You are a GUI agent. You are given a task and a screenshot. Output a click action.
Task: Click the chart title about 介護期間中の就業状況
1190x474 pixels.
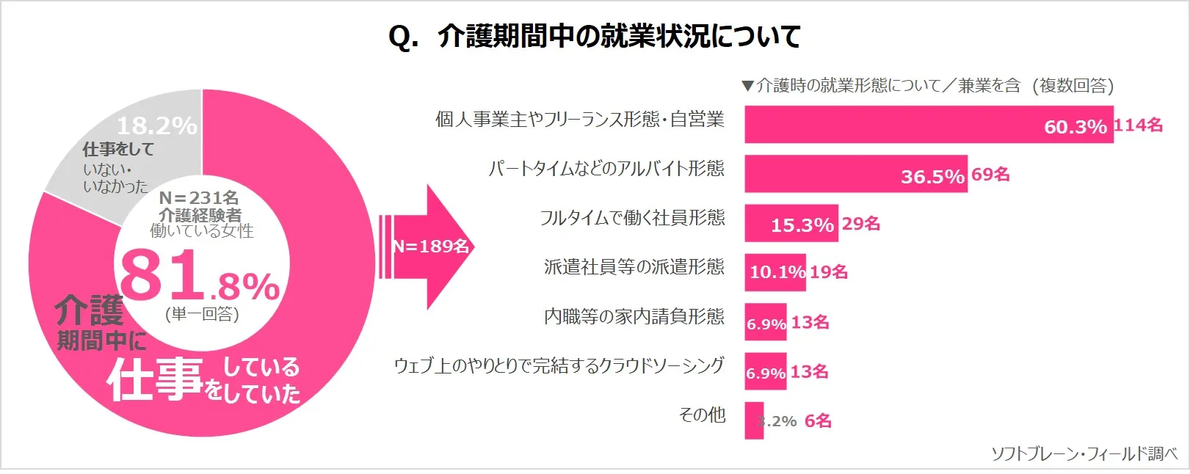pos(594,36)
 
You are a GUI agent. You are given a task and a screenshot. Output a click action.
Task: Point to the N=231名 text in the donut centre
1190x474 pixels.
pos(199,198)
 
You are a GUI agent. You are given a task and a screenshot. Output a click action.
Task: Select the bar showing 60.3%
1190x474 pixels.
pos(928,124)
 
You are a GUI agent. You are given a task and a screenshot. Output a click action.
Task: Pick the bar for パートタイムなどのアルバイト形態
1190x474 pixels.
pos(855,174)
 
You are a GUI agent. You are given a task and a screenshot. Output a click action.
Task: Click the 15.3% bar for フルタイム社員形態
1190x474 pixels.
pos(791,223)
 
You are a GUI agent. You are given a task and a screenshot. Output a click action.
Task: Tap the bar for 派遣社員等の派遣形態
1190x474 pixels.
pos(774,272)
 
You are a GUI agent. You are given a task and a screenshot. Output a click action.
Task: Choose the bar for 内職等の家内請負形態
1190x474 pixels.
pos(765,321)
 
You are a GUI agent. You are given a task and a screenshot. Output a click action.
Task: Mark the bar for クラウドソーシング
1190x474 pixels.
pos(765,371)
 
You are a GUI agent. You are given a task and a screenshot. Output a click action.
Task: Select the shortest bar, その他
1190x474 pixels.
pos(754,420)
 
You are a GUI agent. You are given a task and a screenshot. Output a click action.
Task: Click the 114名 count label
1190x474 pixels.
pos(1138,125)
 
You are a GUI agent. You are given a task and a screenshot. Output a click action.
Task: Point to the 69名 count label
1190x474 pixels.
pos(990,175)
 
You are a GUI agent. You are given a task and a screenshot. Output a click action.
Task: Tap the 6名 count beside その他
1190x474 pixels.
pos(818,421)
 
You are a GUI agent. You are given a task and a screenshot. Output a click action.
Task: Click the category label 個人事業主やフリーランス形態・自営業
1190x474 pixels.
pos(579,120)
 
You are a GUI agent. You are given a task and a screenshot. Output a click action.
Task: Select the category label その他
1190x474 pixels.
pos(702,415)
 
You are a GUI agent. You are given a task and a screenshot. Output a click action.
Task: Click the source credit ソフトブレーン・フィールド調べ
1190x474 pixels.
pos(1084,454)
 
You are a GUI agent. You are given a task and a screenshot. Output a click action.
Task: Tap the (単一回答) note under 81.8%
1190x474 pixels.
pos(202,315)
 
